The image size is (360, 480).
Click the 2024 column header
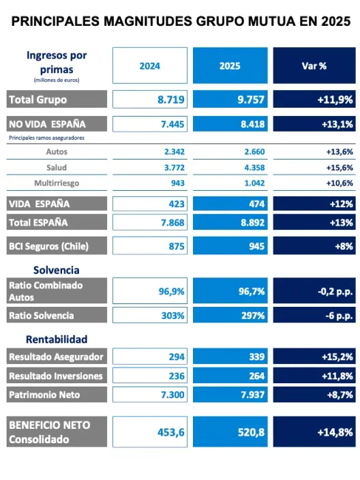click(149, 66)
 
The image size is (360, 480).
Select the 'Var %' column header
click(314, 66)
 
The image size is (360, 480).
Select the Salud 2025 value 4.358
click(252, 167)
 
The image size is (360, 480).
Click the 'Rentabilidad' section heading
click(57, 339)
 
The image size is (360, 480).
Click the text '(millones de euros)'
click(57, 80)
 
